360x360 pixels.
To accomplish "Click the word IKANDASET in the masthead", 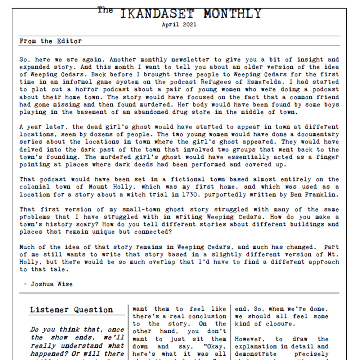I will (157, 14).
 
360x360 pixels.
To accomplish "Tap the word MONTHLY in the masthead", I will (232, 14).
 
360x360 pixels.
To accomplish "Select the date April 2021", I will (179, 25).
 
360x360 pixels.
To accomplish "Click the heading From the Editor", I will (51, 41).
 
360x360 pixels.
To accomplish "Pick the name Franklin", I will (321, 194).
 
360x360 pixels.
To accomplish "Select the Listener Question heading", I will (71, 310).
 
